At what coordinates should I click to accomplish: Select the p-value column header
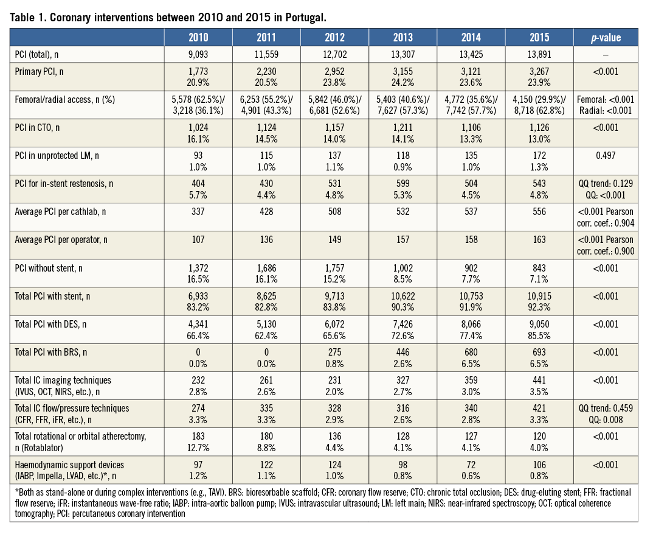click(x=606, y=37)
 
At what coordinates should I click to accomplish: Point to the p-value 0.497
click(x=606, y=155)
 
